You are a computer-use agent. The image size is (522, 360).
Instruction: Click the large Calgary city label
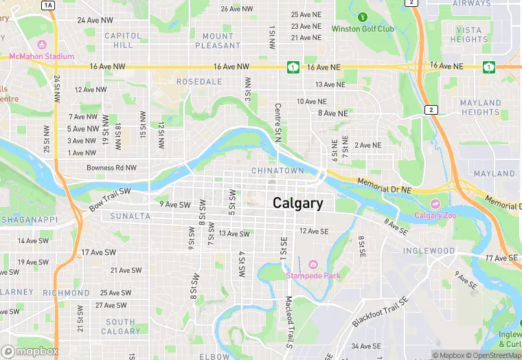tap(297, 203)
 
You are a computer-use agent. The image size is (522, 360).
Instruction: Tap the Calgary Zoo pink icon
tap(435, 204)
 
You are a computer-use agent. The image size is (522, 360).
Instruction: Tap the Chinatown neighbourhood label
tap(277, 170)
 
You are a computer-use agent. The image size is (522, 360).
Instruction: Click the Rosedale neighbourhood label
tap(180, 82)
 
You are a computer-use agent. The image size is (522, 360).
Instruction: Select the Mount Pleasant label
tap(218, 41)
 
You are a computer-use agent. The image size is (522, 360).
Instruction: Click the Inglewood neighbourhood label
tap(429, 251)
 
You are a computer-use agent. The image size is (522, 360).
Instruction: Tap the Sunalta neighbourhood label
tap(130, 216)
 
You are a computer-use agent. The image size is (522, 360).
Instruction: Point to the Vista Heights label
tap(470, 35)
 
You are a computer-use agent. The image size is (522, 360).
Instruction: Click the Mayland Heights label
tap(481, 108)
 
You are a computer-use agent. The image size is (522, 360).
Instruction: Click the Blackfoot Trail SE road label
tap(381, 313)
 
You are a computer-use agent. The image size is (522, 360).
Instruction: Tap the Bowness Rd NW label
tap(111, 168)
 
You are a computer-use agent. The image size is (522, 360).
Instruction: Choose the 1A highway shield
tap(48, 5)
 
